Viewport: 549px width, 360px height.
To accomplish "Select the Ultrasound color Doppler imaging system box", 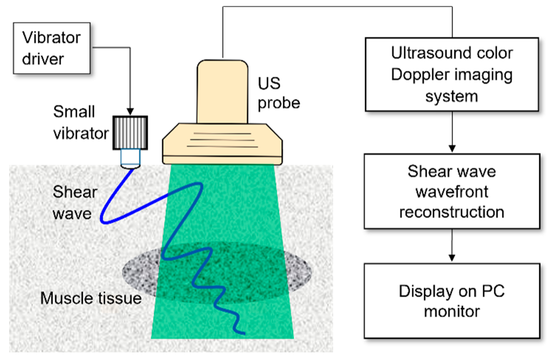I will [452, 75].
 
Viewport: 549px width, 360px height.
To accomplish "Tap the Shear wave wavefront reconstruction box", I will [452, 191].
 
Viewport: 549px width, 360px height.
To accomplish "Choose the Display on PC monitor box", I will [452, 301].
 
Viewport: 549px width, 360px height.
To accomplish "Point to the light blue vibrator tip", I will [130, 158].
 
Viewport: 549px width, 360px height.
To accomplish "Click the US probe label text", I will [278, 94].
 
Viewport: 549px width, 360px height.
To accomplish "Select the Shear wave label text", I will [75, 202].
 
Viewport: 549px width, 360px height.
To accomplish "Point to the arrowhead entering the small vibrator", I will [130, 110].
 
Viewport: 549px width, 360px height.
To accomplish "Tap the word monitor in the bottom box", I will [452, 312].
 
